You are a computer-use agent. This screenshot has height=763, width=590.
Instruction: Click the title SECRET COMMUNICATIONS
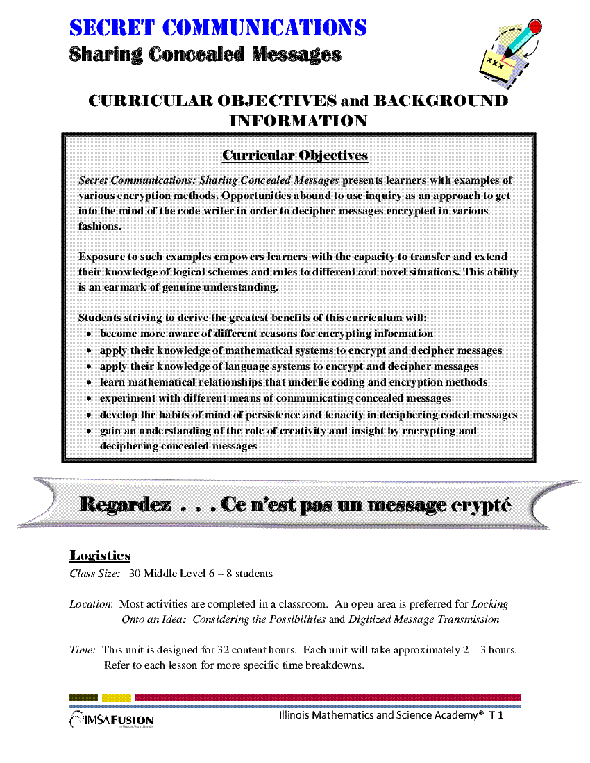218,28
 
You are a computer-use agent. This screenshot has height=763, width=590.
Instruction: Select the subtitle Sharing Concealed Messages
205,54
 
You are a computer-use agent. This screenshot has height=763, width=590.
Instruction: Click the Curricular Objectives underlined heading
295,155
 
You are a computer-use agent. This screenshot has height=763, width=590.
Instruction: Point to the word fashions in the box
100,226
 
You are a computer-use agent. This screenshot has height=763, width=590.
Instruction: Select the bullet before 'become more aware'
90,334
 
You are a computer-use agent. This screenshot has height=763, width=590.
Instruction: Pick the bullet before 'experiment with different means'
90,399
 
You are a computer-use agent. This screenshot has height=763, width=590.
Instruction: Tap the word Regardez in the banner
125,505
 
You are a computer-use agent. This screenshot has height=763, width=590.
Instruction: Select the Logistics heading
100,556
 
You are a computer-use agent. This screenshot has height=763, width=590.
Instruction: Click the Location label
92,604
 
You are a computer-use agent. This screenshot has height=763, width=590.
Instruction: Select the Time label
83,650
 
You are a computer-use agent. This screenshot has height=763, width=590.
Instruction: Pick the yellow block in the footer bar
116,698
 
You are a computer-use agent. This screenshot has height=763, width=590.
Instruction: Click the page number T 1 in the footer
496,715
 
